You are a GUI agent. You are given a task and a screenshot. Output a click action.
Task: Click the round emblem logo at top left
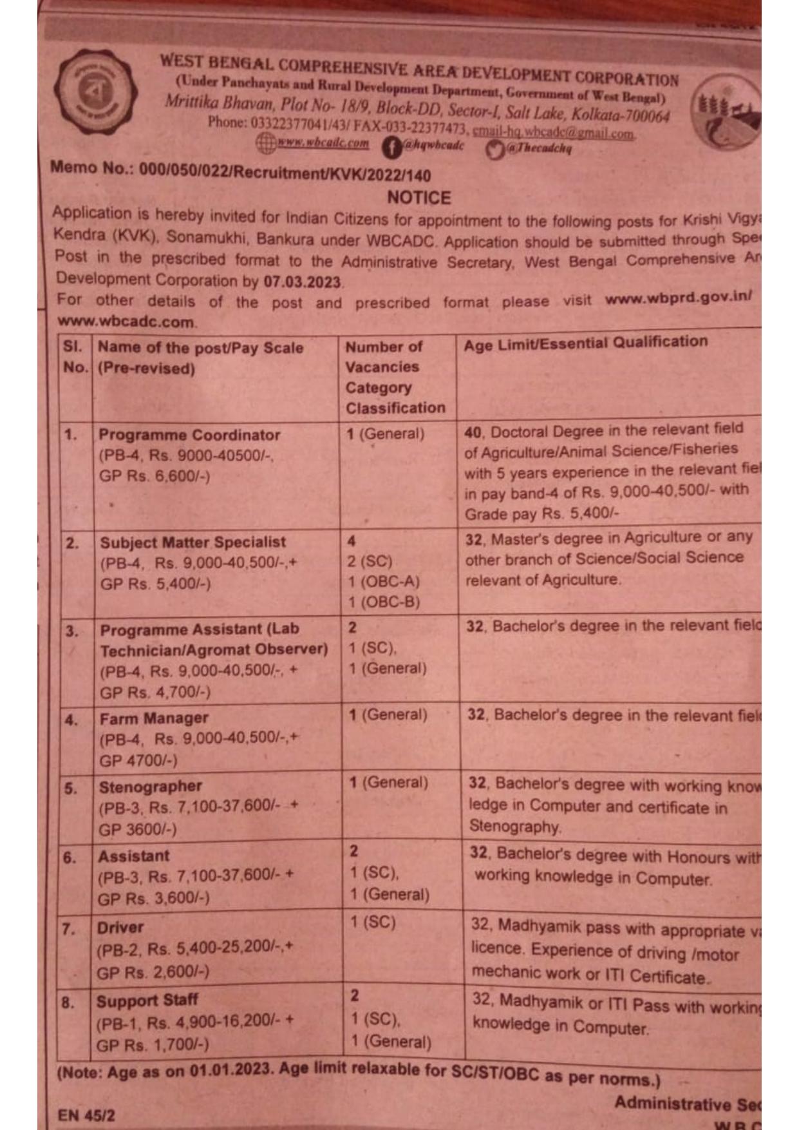click(95, 94)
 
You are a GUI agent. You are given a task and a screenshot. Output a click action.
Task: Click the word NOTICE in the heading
click(419, 197)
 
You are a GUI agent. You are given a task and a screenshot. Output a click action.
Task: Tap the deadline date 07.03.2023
click(302, 282)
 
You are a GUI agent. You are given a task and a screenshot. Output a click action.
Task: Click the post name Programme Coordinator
click(189, 435)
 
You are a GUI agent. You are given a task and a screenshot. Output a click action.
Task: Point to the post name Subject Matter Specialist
click(193, 542)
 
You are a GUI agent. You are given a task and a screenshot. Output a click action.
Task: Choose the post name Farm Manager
click(154, 718)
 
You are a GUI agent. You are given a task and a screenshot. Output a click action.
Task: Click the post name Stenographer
click(150, 787)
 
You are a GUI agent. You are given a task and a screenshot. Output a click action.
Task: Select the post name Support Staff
click(147, 1001)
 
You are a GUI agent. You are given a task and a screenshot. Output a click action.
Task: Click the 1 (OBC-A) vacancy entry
click(384, 582)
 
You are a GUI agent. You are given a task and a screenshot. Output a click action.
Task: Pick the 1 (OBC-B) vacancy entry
click(384, 602)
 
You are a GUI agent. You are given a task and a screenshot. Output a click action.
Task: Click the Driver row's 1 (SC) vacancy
click(373, 923)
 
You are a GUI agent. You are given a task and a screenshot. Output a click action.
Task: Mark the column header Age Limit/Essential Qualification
click(585, 343)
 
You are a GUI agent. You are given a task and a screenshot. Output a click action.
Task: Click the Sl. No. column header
click(75, 357)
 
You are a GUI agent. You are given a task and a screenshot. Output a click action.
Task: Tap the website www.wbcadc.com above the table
click(126, 321)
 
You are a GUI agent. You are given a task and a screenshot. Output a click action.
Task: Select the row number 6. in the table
click(70, 858)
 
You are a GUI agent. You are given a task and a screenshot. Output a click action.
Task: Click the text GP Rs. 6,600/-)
click(155, 476)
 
